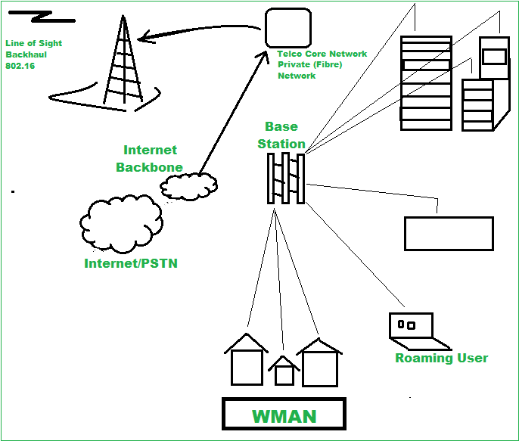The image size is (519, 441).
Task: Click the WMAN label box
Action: (x=284, y=415)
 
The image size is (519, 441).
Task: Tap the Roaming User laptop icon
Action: (x=410, y=327)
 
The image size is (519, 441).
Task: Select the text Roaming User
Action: (x=441, y=358)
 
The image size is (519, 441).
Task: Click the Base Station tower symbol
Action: (x=285, y=179)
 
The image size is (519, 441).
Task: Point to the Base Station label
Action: (x=281, y=135)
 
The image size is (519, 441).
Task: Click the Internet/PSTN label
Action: (x=131, y=263)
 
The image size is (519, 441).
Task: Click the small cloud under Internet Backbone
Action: (x=188, y=186)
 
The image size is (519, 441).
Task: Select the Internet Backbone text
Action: (x=150, y=158)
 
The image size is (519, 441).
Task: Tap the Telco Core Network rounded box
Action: (x=287, y=28)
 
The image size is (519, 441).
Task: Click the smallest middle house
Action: (x=284, y=370)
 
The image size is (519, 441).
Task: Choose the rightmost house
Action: (x=319, y=362)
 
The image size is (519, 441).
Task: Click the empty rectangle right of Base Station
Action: (x=449, y=233)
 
